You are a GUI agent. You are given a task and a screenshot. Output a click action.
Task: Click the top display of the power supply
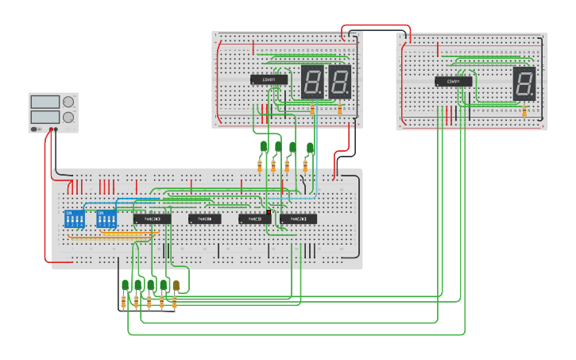click(x=44, y=102)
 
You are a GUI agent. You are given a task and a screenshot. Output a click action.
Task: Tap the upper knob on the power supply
click(x=68, y=102)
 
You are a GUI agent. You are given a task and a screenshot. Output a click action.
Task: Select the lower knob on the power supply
click(x=68, y=117)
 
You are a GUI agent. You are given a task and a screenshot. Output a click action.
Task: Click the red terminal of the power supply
click(x=51, y=129)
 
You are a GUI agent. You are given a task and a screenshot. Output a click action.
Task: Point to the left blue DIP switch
click(x=74, y=219)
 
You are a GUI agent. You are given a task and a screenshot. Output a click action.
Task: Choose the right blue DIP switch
click(x=106, y=219)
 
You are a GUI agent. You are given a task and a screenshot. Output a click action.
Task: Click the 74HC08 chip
click(x=205, y=219)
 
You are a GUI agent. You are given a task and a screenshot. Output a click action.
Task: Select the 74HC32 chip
click(x=255, y=219)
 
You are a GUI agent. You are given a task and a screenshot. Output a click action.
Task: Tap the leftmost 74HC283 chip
click(x=152, y=219)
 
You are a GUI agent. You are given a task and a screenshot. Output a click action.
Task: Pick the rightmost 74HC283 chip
click(x=298, y=219)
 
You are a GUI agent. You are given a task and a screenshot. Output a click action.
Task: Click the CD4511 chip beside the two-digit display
click(x=269, y=79)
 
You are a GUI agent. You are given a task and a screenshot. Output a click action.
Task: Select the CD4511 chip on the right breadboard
click(x=453, y=81)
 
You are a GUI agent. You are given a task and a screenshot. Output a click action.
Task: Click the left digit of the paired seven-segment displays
click(x=311, y=81)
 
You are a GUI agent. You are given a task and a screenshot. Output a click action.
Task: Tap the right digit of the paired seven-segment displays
click(x=339, y=81)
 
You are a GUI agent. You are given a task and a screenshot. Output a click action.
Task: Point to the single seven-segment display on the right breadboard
click(x=524, y=82)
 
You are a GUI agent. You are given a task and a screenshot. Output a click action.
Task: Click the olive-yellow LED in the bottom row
click(x=176, y=285)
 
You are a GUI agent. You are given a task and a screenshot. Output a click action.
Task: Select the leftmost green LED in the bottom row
click(x=126, y=285)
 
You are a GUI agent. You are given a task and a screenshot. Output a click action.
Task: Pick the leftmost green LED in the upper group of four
click(x=264, y=146)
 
